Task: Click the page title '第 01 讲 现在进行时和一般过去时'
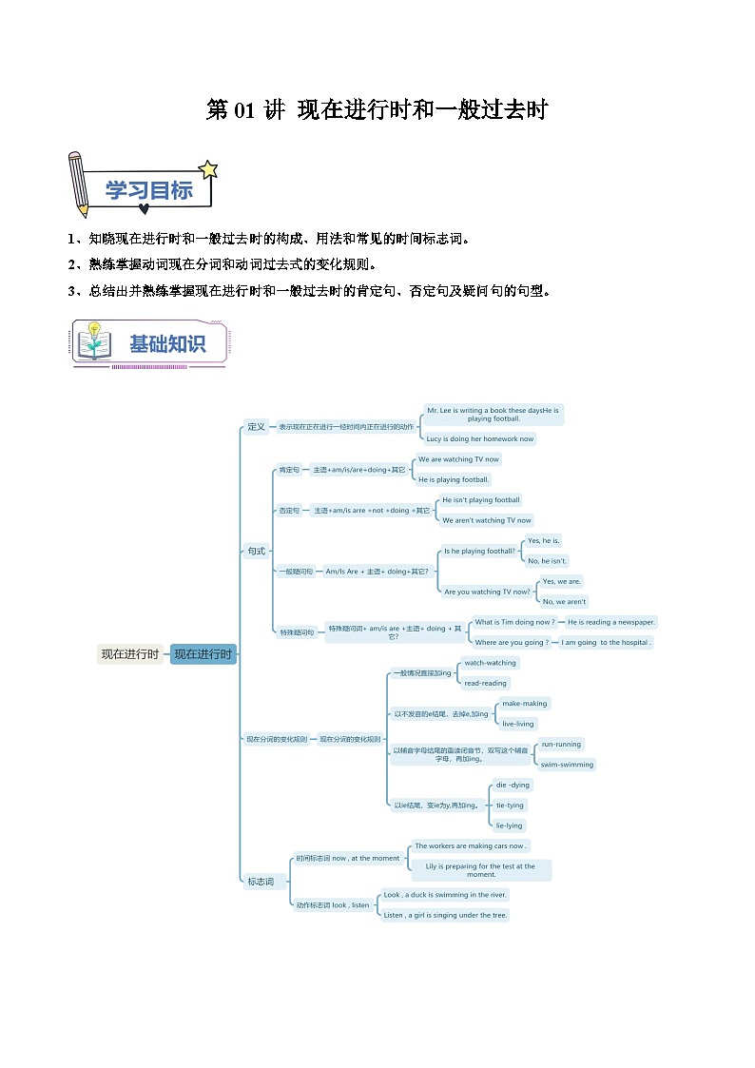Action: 377,110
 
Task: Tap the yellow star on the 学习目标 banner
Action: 208,170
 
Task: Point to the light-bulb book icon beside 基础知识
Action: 94,341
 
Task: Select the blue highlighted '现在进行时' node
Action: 203,653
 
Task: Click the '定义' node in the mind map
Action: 256,426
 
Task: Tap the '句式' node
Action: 256,551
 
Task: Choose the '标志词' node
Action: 260,882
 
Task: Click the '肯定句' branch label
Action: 288,470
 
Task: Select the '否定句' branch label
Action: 288,511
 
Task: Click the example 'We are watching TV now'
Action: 458,459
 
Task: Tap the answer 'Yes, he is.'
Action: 544,540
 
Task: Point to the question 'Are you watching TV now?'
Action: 487,592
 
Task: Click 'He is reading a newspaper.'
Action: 610,622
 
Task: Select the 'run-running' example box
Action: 561,744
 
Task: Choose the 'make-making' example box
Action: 525,704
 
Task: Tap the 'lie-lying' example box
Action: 510,825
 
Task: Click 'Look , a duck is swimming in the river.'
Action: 445,895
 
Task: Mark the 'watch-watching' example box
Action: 490,663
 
